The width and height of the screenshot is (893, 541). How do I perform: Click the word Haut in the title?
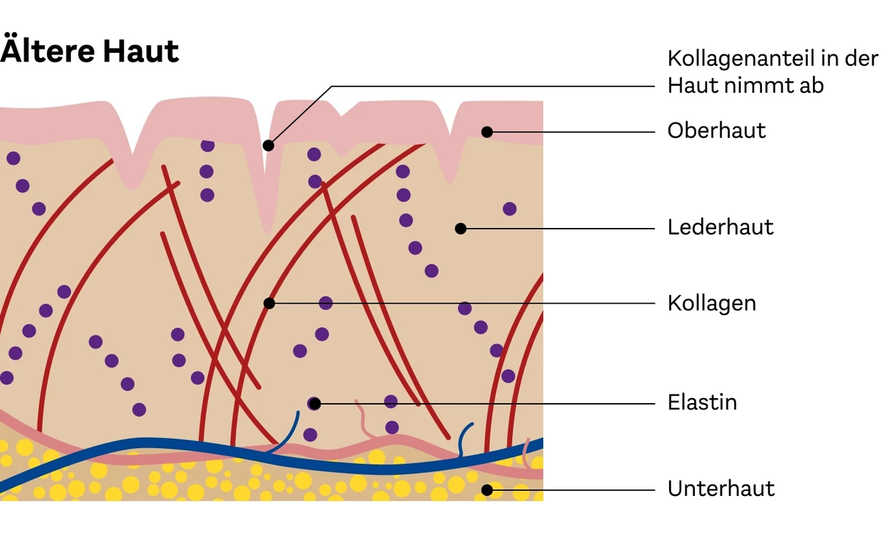click(x=141, y=51)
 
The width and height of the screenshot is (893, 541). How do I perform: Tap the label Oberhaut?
click(x=716, y=131)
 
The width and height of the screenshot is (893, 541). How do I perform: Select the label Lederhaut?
click(x=721, y=227)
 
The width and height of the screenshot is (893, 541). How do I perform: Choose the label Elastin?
click(x=702, y=402)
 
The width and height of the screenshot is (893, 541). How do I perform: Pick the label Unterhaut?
click(x=721, y=488)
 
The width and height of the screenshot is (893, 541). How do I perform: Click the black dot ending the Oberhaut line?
click(x=487, y=131)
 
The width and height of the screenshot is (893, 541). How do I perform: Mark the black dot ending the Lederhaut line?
click(x=461, y=229)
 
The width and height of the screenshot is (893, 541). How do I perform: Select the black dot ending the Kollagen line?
click(x=269, y=303)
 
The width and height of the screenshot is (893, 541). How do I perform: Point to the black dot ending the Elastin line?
click(x=315, y=404)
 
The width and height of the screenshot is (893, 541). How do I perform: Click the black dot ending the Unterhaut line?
click(x=487, y=490)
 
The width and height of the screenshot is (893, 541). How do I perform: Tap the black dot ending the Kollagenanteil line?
click(x=268, y=146)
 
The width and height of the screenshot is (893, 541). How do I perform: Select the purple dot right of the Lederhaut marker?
click(x=509, y=209)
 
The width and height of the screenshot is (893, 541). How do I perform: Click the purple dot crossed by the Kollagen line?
click(x=326, y=303)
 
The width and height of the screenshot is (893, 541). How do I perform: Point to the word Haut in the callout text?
click(x=692, y=86)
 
